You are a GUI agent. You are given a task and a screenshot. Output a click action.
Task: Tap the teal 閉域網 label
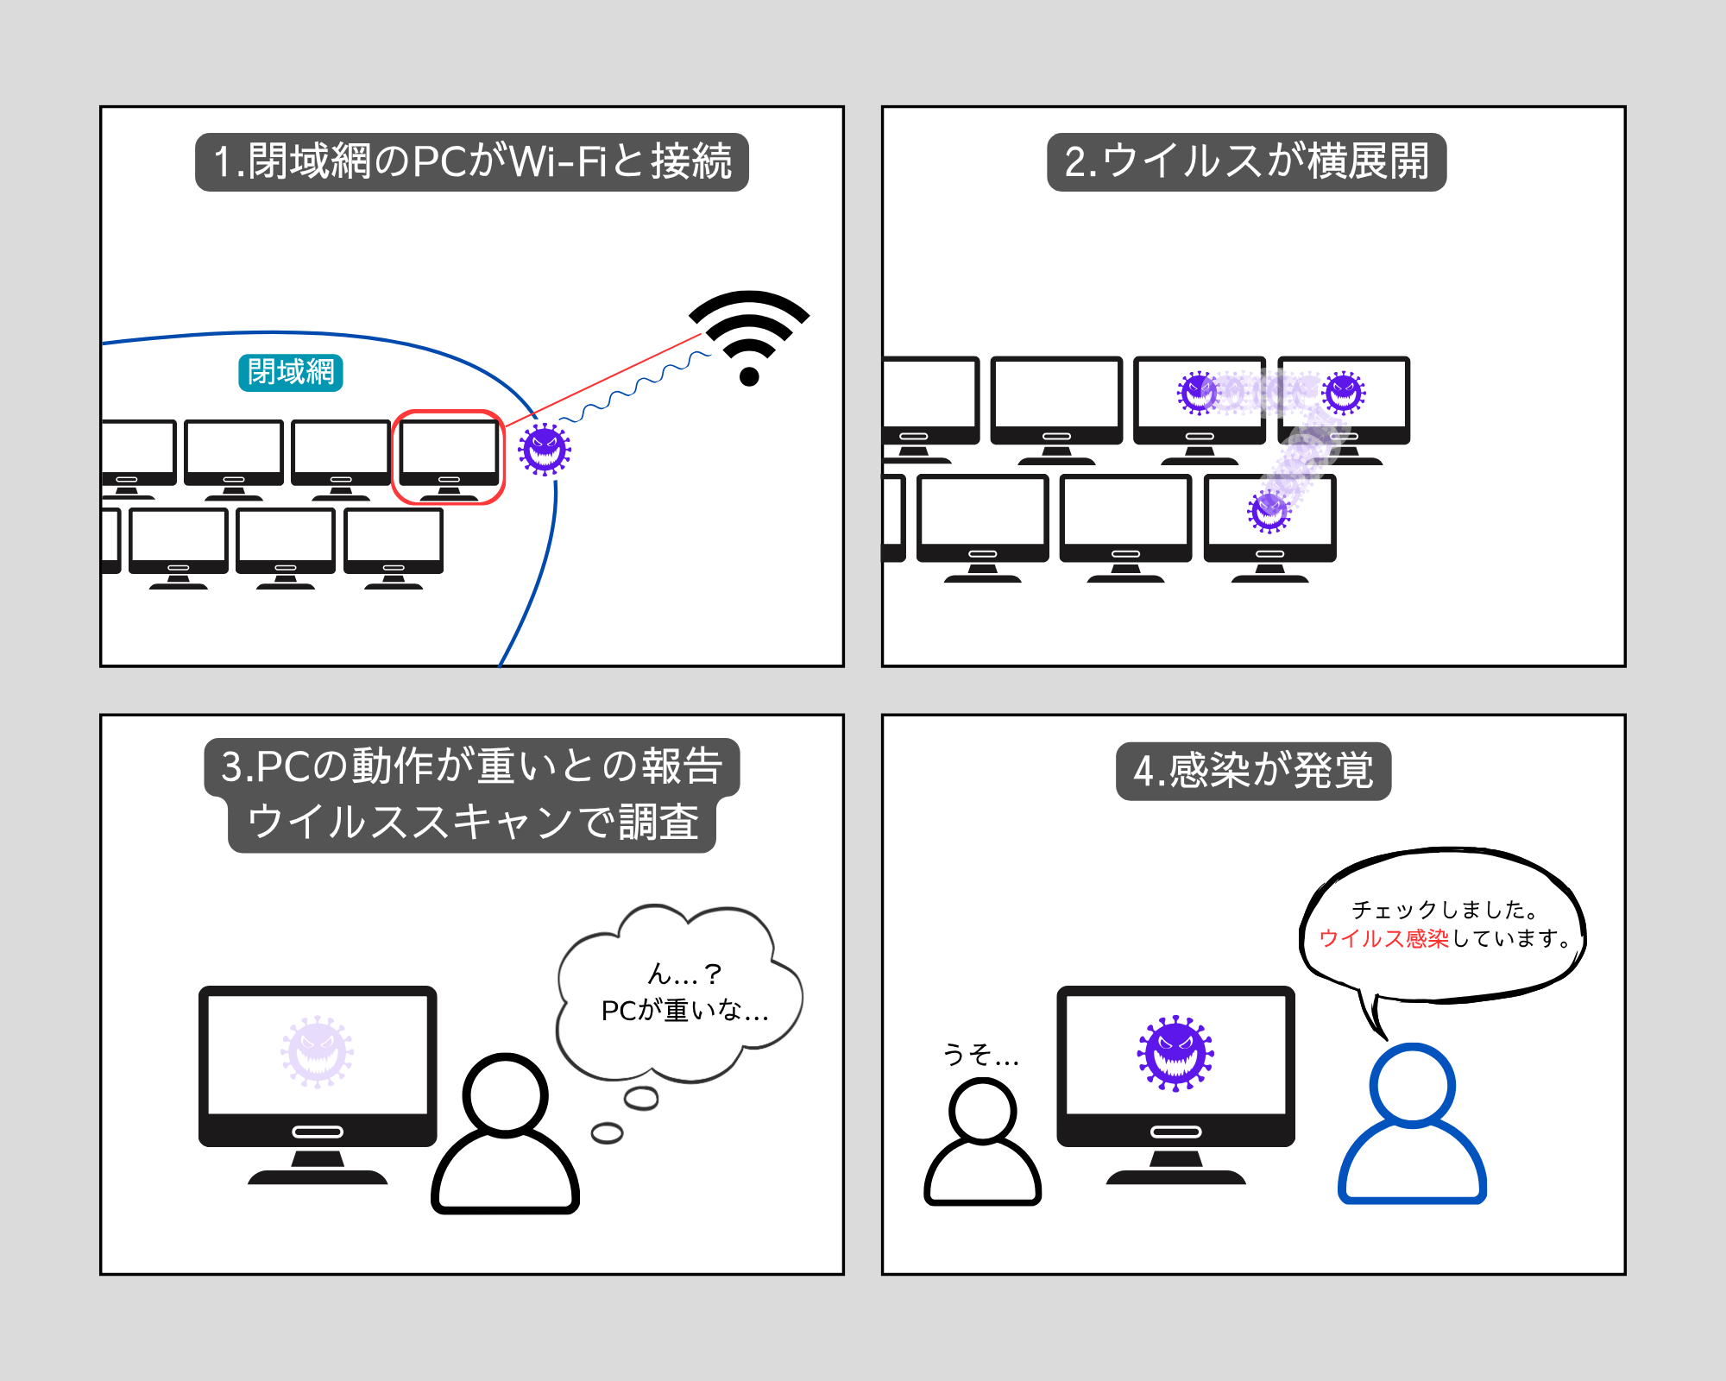(x=291, y=373)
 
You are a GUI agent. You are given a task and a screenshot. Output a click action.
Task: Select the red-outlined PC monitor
(x=449, y=456)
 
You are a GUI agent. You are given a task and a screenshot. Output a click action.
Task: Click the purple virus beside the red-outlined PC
(x=545, y=449)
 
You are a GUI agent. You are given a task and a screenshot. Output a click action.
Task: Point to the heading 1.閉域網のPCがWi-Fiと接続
(x=472, y=162)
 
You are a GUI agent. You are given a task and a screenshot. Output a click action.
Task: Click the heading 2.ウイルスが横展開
(x=1246, y=162)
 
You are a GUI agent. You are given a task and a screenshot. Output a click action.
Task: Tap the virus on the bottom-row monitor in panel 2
(x=1269, y=511)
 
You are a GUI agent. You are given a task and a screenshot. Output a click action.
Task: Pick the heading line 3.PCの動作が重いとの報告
(x=471, y=766)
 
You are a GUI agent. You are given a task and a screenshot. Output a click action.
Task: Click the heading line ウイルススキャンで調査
(x=472, y=822)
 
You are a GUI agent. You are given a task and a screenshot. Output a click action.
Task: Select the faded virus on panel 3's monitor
(x=318, y=1051)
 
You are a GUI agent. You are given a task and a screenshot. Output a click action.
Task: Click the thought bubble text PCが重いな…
(x=684, y=1010)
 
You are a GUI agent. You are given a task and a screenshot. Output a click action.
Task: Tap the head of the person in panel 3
(x=506, y=1094)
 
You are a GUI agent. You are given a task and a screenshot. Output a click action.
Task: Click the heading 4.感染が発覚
(x=1253, y=771)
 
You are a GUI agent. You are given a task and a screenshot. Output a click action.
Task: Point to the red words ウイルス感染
(x=1383, y=938)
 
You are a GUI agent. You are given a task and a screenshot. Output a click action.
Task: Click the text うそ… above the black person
(x=980, y=1054)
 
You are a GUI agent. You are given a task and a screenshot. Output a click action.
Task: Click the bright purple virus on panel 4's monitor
(x=1175, y=1053)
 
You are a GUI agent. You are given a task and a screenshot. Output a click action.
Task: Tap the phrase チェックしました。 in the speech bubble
(x=1446, y=910)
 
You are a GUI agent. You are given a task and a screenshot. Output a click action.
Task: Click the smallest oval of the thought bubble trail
(x=607, y=1133)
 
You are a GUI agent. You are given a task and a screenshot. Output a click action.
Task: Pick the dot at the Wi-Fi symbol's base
(x=749, y=376)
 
